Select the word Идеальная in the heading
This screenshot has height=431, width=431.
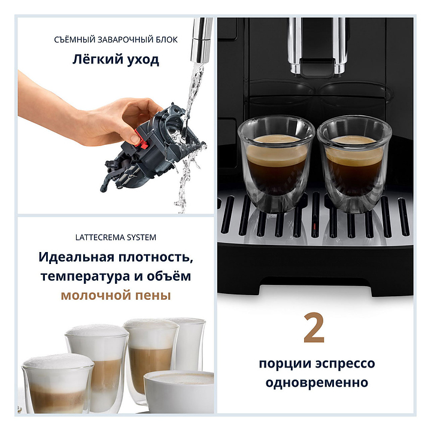76,257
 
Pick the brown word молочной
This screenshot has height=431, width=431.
96,296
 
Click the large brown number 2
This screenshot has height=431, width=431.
314,327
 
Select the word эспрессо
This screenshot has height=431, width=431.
345,364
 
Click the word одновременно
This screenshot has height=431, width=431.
317,383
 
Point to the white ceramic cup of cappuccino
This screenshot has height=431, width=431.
179,391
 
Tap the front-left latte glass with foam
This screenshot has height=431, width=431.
58,384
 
